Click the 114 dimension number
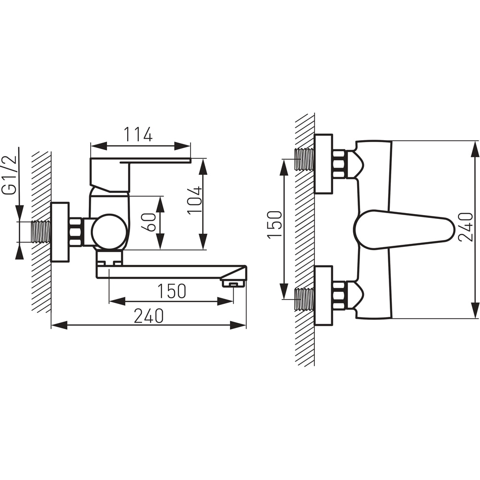click(x=138, y=135)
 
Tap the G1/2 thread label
click(x=9, y=175)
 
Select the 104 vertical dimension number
click(x=195, y=201)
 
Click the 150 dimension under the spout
click(x=171, y=291)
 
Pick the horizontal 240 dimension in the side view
click(x=149, y=316)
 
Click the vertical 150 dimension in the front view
click(x=275, y=224)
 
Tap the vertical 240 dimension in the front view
click(x=466, y=227)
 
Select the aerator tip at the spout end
click(x=234, y=284)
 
